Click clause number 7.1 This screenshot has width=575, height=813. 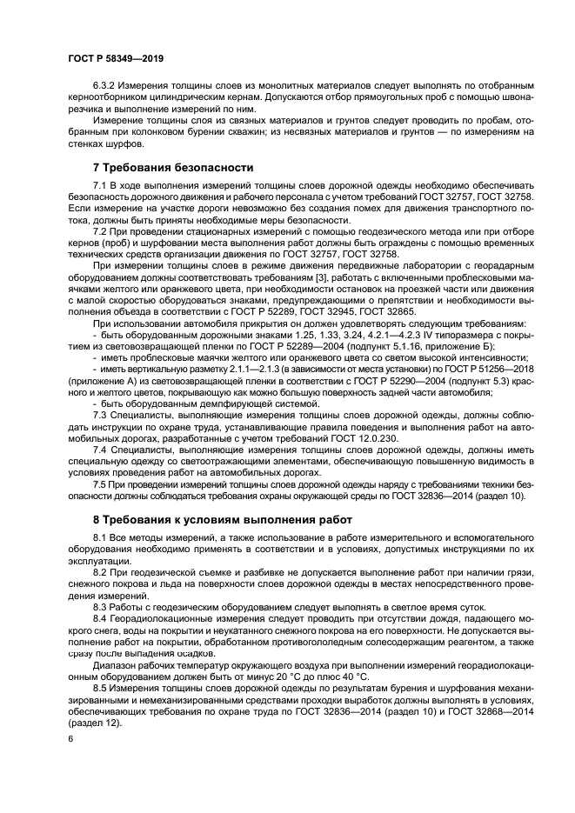pos(100,187)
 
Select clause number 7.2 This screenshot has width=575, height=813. pos(100,232)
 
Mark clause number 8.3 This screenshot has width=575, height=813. pos(100,606)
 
